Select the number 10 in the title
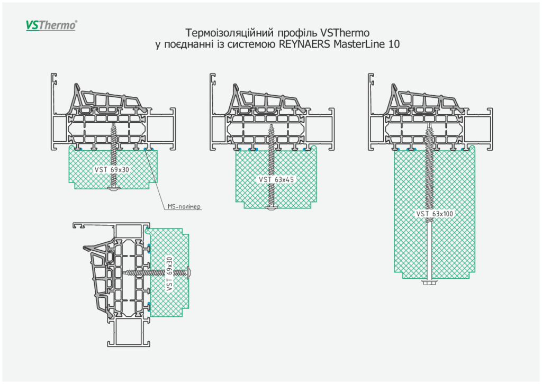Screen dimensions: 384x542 [394, 44]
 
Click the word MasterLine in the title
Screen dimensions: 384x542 [357, 44]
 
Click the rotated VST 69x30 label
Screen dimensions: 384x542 [169, 274]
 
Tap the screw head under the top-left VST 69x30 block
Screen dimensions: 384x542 [113, 188]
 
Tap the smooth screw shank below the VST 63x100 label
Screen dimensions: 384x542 [428, 249]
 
